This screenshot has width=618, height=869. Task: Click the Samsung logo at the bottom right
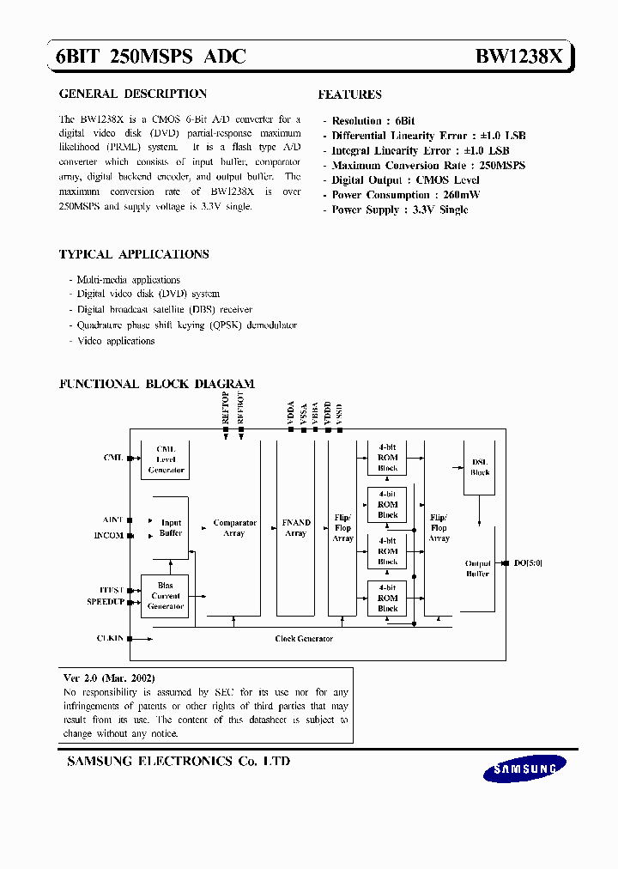[x=524, y=769]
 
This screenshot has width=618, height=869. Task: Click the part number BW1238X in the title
[x=519, y=57]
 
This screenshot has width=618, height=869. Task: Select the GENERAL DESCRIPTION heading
[x=132, y=94]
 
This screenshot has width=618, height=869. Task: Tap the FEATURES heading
[x=349, y=94]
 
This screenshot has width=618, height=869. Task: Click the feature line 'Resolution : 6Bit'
[x=373, y=121]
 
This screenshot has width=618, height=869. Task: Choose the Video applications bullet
[x=116, y=341]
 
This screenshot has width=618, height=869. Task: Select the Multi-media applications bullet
[x=128, y=280]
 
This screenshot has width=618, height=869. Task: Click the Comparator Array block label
[x=234, y=528]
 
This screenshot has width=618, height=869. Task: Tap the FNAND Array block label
[x=295, y=528]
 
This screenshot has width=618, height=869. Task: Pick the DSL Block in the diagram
[x=480, y=467]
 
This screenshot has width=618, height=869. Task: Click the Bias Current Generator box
[x=166, y=596]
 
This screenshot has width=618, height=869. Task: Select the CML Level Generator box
[x=166, y=459]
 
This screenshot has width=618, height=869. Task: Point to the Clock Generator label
[x=304, y=639]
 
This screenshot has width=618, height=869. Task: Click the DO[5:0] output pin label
[x=528, y=563]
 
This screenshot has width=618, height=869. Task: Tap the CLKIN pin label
[x=111, y=638]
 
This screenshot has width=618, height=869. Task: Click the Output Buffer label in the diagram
[x=478, y=568]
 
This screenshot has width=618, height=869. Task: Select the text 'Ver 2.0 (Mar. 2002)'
[x=109, y=678]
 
